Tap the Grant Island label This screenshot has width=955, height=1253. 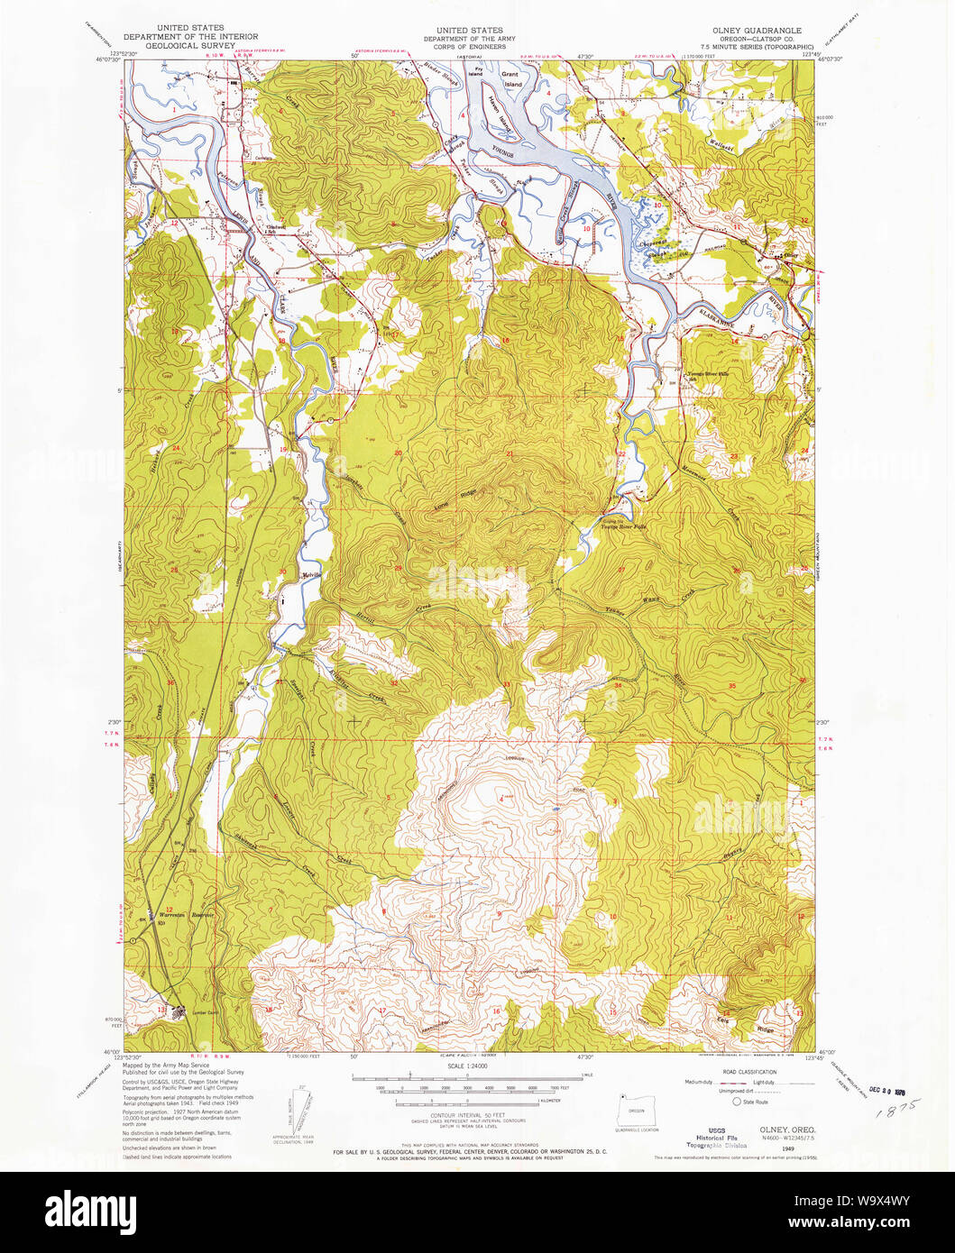click(512, 79)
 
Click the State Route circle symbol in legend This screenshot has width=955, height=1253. click(736, 1101)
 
